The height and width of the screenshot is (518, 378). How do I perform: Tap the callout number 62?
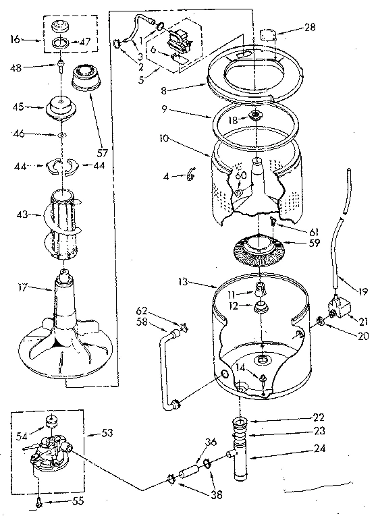pos(142,312)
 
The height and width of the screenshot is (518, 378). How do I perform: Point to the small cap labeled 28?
pos(269,34)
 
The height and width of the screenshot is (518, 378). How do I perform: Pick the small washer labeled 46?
pos(61,136)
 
